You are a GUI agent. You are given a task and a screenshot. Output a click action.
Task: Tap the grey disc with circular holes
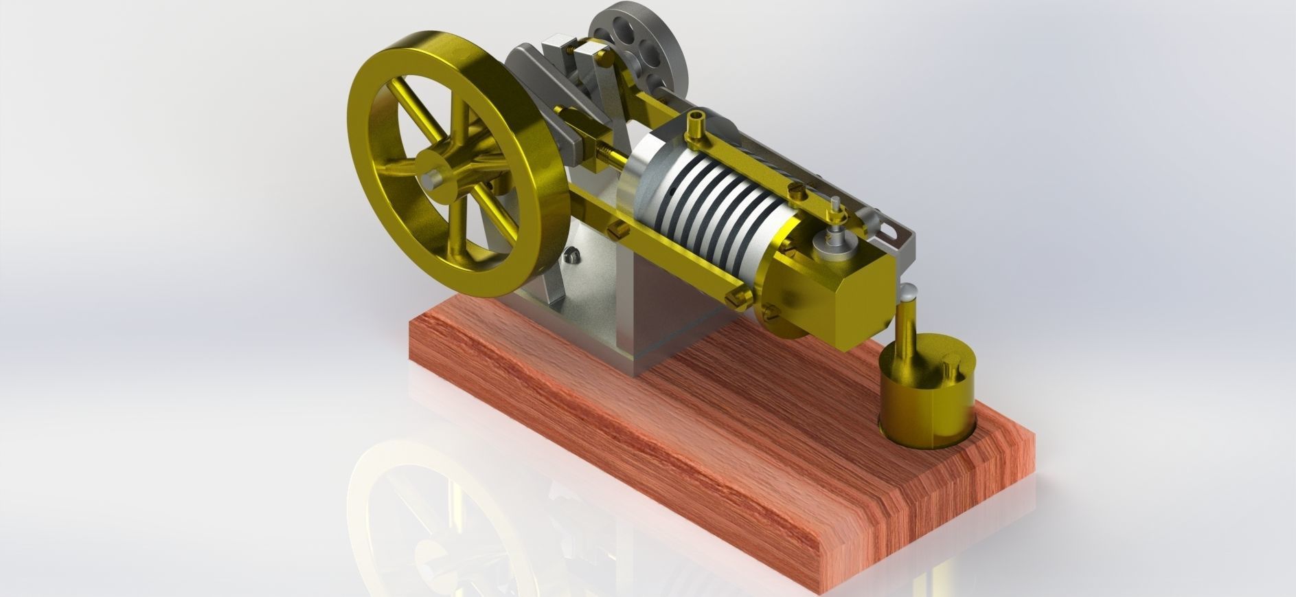coord(635,48)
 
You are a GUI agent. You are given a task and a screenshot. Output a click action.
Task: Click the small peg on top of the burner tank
coord(951,368)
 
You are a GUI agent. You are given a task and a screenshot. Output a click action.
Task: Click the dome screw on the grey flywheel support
coord(571,256)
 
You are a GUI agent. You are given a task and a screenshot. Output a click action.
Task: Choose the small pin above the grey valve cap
coord(835,206)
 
